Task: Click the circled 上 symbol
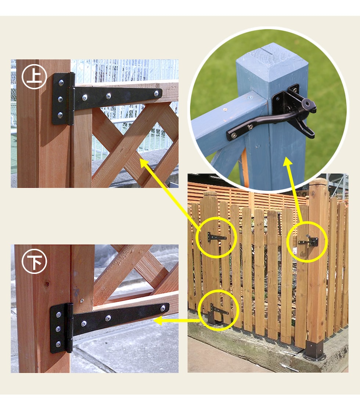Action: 34,76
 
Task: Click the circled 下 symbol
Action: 34,261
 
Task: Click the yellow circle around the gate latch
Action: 307,242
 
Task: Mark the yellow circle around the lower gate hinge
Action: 219,310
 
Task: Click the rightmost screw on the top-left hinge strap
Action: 156,93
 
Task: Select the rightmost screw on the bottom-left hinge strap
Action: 163,308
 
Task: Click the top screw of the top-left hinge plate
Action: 61,83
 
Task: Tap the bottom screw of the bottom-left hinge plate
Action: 58,344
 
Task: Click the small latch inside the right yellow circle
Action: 309,241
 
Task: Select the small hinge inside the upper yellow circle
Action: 216,237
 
